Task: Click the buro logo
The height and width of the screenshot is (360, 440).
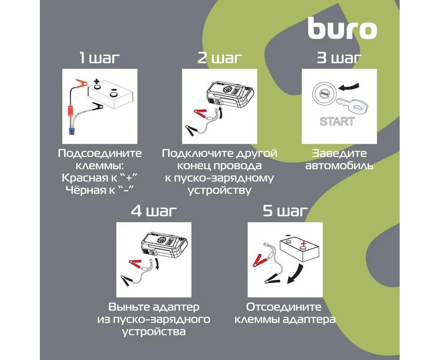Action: [342, 29]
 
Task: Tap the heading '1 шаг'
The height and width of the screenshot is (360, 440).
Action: [99, 58]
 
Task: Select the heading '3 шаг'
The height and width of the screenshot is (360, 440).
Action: [339, 58]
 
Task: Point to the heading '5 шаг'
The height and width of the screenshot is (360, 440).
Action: [285, 211]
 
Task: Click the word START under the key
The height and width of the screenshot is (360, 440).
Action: [337, 122]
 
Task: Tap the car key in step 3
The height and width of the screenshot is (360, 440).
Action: [353, 106]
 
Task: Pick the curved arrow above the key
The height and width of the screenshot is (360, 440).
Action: [348, 86]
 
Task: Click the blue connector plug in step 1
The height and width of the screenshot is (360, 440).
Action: [73, 131]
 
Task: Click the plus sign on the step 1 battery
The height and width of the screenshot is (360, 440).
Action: [97, 82]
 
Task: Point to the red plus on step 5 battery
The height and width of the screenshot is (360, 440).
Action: [303, 243]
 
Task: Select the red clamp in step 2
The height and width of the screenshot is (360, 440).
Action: [200, 113]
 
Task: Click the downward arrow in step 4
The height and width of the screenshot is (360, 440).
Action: [157, 264]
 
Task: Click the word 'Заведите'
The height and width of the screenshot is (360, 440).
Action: [339, 154]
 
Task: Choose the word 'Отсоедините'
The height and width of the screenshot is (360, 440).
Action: [284, 307]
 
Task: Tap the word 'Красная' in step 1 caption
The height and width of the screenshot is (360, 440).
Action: [83, 178]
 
